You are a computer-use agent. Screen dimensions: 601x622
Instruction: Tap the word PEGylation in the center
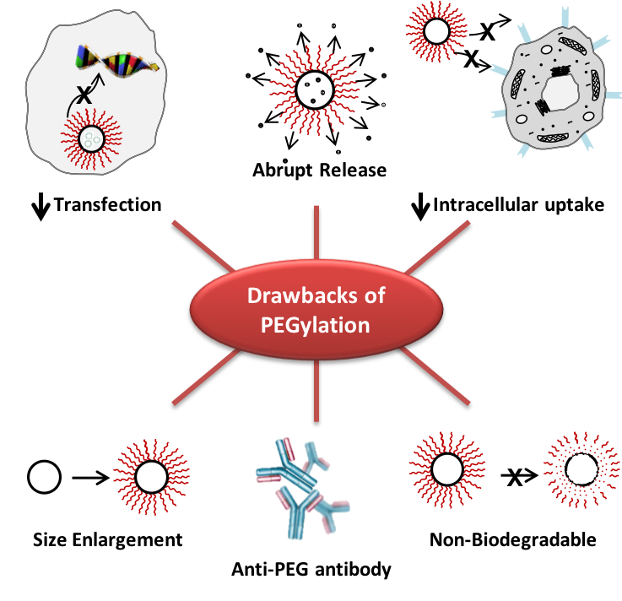[316, 325]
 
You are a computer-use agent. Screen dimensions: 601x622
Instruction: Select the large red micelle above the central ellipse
[315, 87]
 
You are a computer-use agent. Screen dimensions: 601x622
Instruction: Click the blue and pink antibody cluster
[301, 490]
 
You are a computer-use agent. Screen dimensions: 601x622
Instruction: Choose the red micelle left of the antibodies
[152, 476]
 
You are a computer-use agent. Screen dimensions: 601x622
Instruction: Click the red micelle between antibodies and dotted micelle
[447, 469]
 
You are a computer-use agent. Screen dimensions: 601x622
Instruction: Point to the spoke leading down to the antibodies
[316, 392]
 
